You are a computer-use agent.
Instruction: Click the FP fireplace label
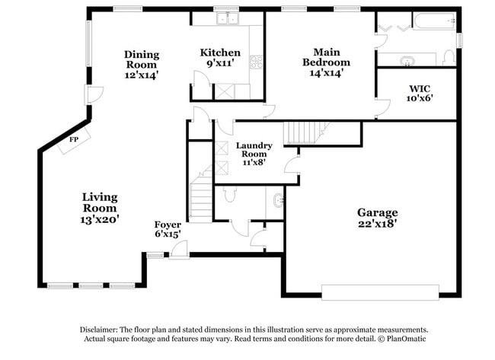click(x=74, y=140)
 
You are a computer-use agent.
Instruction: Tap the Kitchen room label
click(x=220, y=53)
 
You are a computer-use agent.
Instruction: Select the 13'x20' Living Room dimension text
click(x=100, y=219)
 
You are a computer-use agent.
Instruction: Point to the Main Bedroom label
click(x=326, y=57)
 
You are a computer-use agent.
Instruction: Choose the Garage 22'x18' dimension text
click(x=378, y=224)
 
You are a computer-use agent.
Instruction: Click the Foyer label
click(x=168, y=225)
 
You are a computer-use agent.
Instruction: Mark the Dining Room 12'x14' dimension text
click(x=142, y=75)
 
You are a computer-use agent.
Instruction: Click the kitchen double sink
click(x=226, y=19)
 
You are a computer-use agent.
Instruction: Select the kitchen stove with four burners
click(x=257, y=61)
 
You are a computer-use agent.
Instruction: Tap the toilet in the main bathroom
click(x=448, y=56)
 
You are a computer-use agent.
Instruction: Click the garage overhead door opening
click(x=380, y=292)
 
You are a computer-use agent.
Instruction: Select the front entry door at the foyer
click(x=180, y=252)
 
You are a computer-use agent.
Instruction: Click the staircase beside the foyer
click(x=201, y=197)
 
